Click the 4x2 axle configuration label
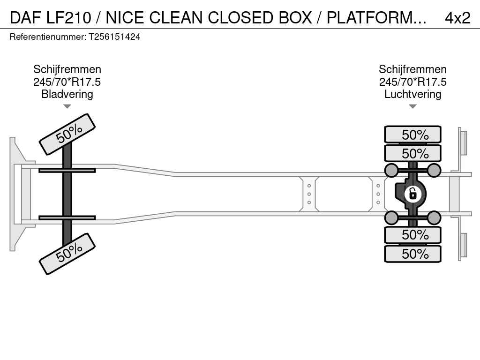click(x=457, y=17)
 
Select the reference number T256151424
click(x=114, y=37)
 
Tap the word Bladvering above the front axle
click(x=67, y=94)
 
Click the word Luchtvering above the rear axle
click(x=412, y=94)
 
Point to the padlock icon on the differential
click(x=412, y=193)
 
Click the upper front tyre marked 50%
click(x=67, y=134)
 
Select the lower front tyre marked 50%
click(x=67, y=254)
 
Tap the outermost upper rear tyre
click(x=412, y=135)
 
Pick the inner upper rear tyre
click(x=412, y=153)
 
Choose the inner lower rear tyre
click(x=412, y=235)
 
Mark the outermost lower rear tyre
click(x=412, y=254)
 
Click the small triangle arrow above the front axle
click(x=67, y=106)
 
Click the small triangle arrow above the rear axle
click(x=412, y=106)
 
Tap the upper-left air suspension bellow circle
click(x=391, y=170)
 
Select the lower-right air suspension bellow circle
click(x=434, y=217)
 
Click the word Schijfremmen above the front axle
click(x=67, y=69)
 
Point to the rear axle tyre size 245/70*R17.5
click(x=412, y=82)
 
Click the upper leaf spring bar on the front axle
click(x=67, y=170)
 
